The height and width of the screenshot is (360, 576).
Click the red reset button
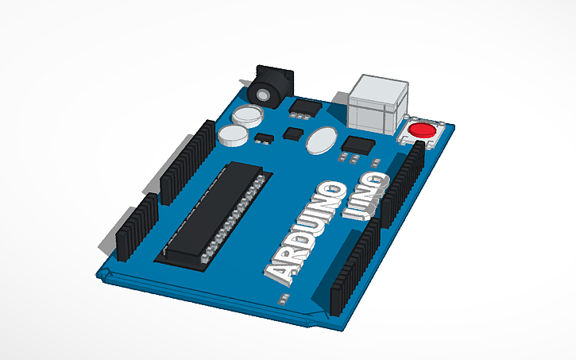(421, 130)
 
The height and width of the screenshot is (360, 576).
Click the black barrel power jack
(269, 87)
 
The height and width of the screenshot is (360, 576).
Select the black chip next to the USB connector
(358, 145)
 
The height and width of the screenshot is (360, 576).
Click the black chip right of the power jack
(306, 106)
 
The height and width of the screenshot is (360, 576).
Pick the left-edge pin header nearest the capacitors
(187, 159)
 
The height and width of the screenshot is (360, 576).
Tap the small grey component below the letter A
(282, 299)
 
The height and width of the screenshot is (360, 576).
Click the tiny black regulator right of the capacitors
(265, 141)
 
